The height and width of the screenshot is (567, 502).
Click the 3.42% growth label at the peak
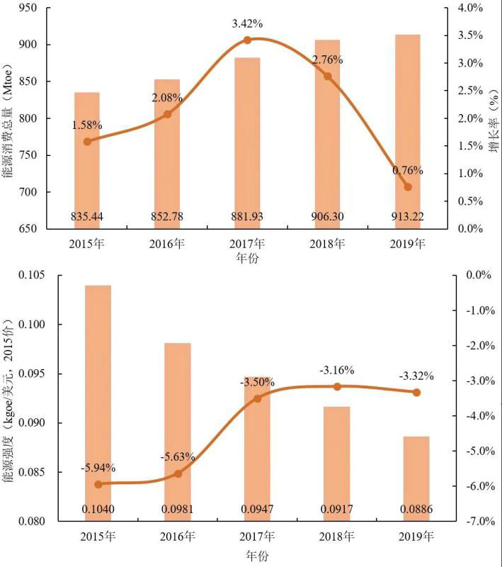coord(247,24)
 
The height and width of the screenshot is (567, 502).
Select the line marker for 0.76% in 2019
coord(407,186)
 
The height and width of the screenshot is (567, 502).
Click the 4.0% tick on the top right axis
coord(470,8)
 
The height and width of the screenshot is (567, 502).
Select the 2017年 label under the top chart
coord(247,245)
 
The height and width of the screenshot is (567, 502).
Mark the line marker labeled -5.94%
coord(98,484)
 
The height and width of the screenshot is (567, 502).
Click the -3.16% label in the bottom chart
coord(337,370)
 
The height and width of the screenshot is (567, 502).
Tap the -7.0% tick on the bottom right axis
coord(470,522)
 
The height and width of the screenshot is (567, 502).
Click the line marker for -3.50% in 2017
coord(257,398)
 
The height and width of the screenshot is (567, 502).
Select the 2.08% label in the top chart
coord(167,97)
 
